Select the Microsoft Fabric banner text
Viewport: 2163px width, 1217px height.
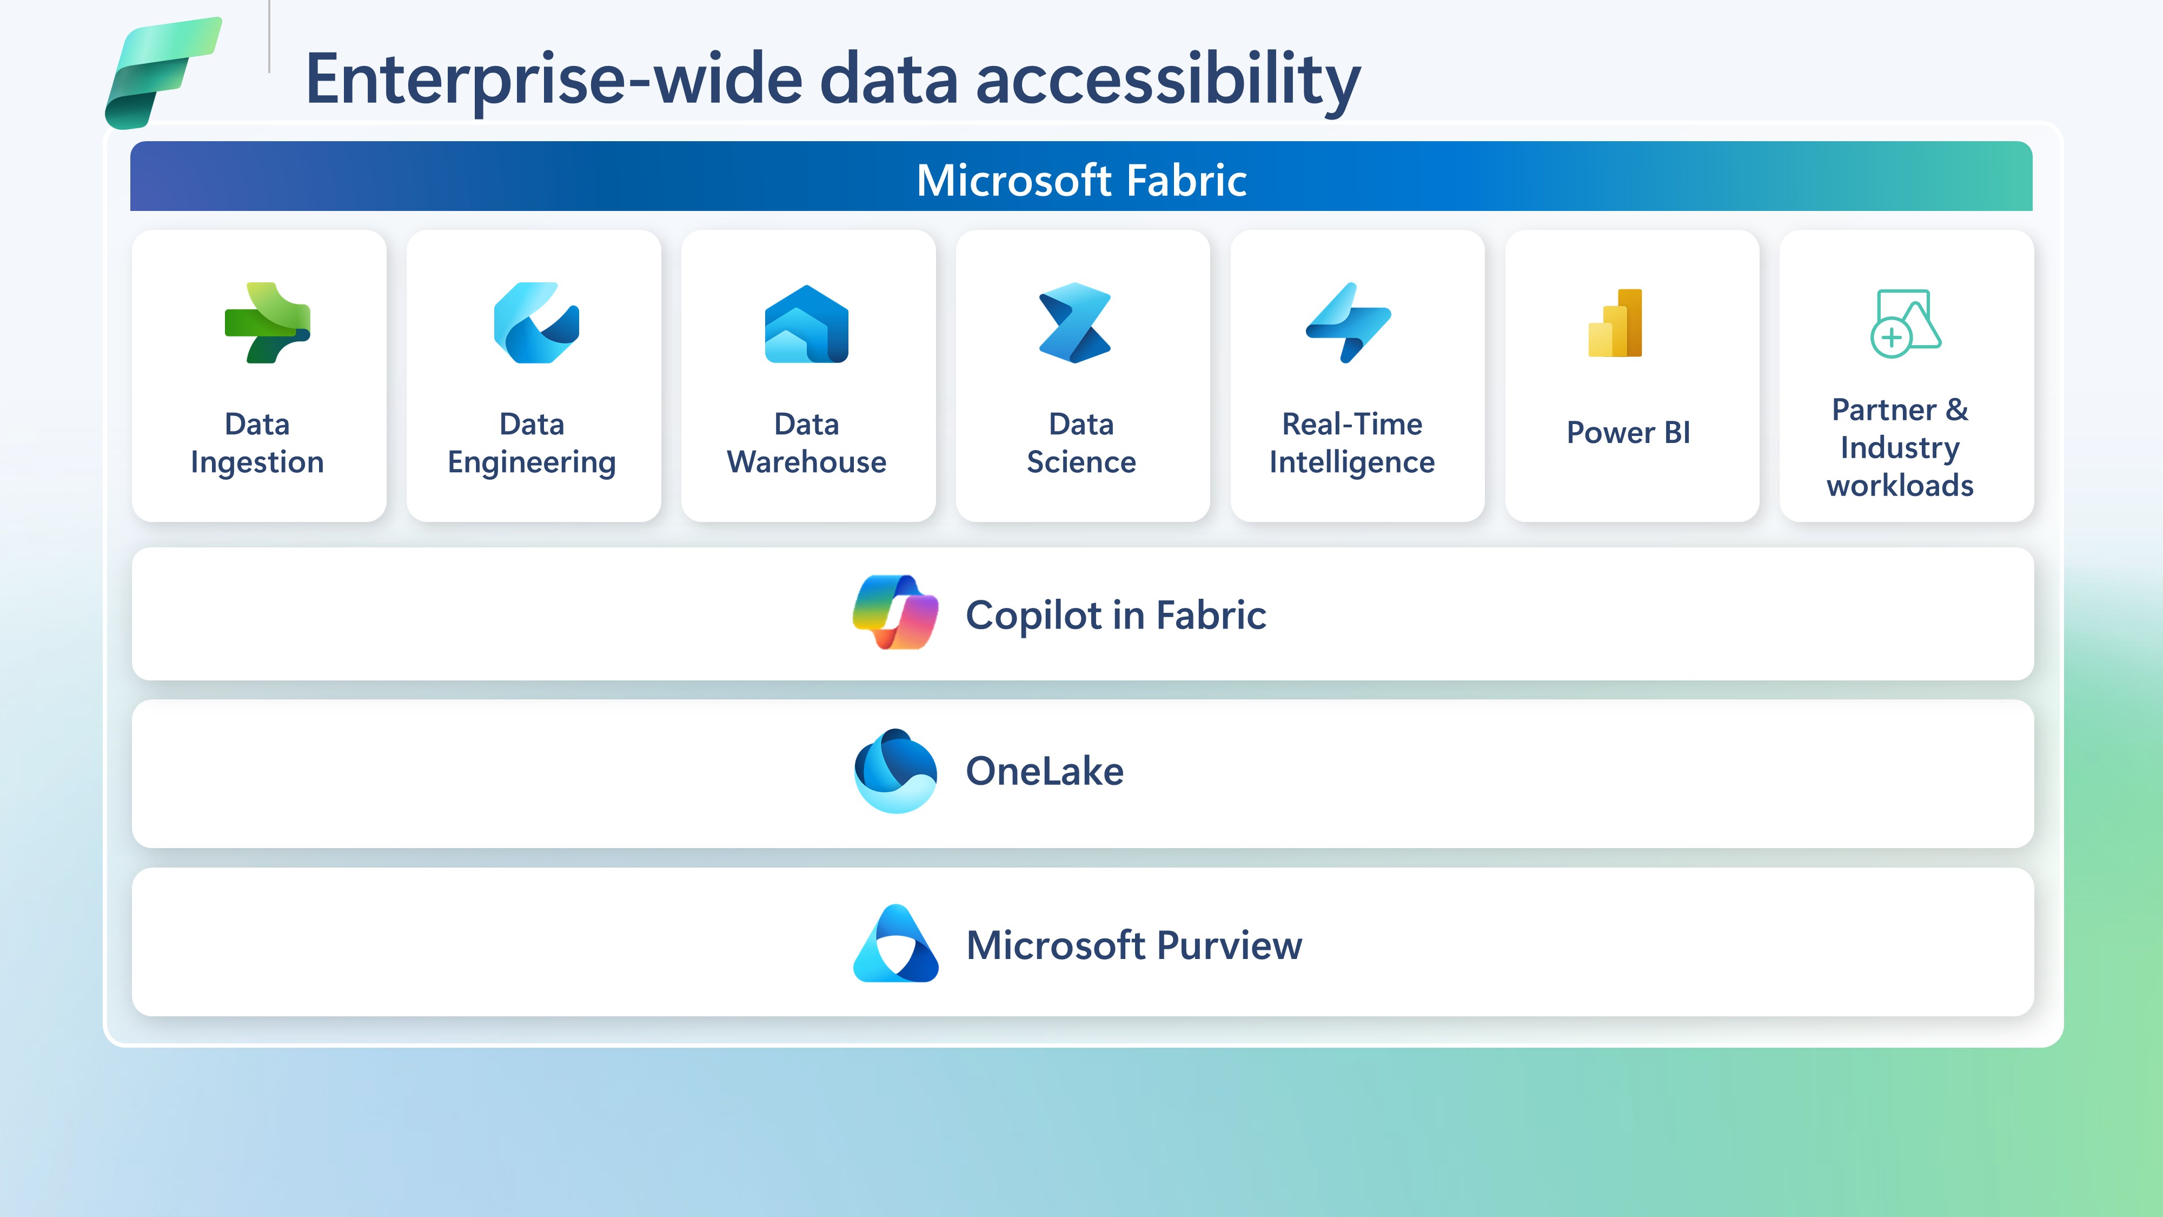click(x=1081, y=180)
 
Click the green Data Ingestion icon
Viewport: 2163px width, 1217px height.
click(x=268, y=322)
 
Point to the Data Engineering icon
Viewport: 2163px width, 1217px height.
click(x=536, y=322)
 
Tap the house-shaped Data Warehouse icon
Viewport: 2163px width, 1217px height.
click(x=807, y=323)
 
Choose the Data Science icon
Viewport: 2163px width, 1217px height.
click(x=1075, y=322)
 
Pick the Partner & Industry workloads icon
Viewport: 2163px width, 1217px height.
click(x=1905, y=323)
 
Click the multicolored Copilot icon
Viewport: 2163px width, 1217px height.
click(x=895, y=612)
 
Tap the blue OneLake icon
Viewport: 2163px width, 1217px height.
click(x=895, y=770)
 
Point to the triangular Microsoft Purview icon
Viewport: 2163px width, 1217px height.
click(x=895, y=943)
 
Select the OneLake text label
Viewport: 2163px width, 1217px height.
click(x=1045, y=771)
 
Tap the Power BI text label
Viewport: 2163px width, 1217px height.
click(x=1628, y=433)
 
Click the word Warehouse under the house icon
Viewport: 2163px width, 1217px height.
click(x=807, y=462)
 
